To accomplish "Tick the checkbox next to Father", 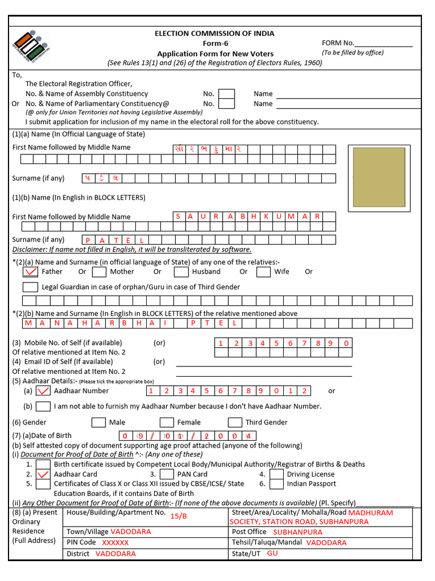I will pyautogui.click(x=30, y=272).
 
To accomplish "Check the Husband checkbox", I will pyautogui.click(x=181, y=272).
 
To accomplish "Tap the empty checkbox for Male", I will pyautogui.click(x=99, y=422).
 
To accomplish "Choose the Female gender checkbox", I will pyautogui.click(x=167, y=422).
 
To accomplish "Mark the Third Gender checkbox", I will pyautogui.click(x=235, y=422).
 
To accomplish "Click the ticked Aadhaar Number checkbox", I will pyautogui.click(x=43, y=391).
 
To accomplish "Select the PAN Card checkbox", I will pyautogui.click(x=167, y=474).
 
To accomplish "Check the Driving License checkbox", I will pyautogui.click(x=276, y=474).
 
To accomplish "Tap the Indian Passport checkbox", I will pyautogui.click(x=276, y=484).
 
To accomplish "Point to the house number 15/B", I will pyautogui.click(x=178, y=516).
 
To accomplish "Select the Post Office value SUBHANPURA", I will pyautogui.click(x=297, y=532).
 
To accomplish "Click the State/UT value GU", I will pyautogui.click(x=272, y=553).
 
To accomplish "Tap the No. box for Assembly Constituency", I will pyautogui.click(x=227, y=94).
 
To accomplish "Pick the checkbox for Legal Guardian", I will pyautogui.click(x=30, y=287).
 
